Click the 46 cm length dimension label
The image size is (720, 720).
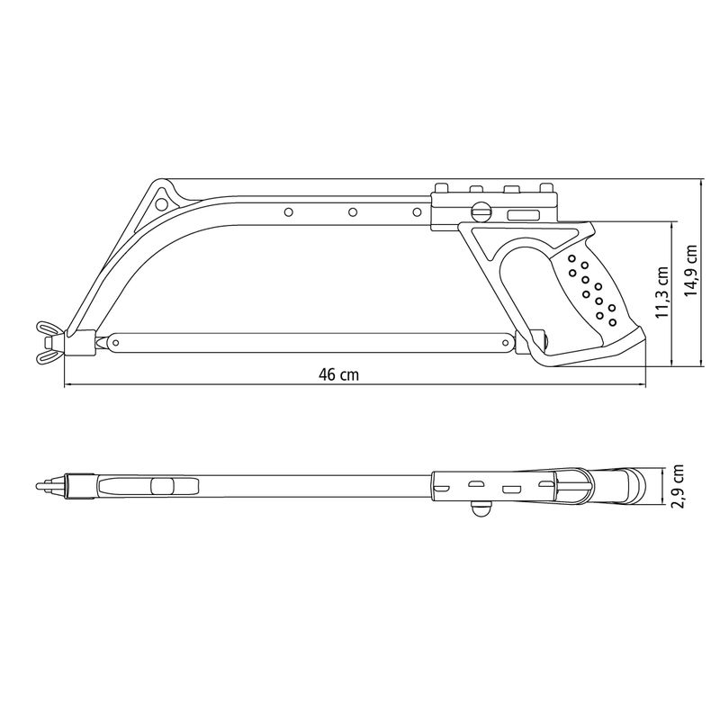(339, 374)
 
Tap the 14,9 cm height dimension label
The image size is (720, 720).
(690, 271)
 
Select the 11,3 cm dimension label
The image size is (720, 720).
(661, 292)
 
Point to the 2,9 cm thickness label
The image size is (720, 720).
(678, 486)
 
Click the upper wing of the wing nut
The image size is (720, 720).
(47, 328)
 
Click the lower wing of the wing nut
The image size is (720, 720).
(47, 356)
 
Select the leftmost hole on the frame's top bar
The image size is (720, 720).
(289, 212)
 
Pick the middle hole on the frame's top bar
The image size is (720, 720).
(353, 212)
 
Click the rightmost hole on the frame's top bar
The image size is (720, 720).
(417, 212)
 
